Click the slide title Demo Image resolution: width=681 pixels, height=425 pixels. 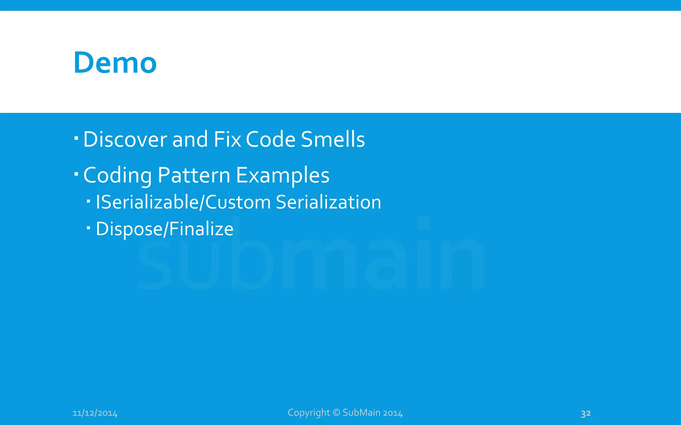[x=115, y=63]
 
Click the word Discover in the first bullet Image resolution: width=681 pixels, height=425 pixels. [x=125, y=139]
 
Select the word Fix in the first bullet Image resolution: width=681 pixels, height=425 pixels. [x=227, y=139]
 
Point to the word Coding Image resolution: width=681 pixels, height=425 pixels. [x=117, y=176]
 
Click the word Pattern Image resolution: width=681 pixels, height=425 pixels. [x=194, y=175]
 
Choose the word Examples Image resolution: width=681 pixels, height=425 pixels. [x=283, y=176]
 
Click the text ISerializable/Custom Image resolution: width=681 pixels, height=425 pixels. [x=183, y=203]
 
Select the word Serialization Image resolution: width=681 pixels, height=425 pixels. [x=329, y=202]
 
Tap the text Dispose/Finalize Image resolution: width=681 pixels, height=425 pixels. [x=165, y=229]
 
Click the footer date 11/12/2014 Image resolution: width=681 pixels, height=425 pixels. [x=95, y=413]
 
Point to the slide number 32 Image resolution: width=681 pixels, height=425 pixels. [x=586, y=413]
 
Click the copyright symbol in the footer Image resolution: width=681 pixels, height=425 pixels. [x=337, y=412]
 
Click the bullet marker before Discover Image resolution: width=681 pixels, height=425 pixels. [x=76, y=137]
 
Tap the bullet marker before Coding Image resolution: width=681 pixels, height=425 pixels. [x=76, y=173]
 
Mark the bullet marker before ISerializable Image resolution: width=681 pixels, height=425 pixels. [x=88, y=201]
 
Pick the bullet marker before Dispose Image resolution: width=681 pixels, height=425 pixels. [x=88, y=228]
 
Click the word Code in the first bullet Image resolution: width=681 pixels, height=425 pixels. [x=271, y=139]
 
